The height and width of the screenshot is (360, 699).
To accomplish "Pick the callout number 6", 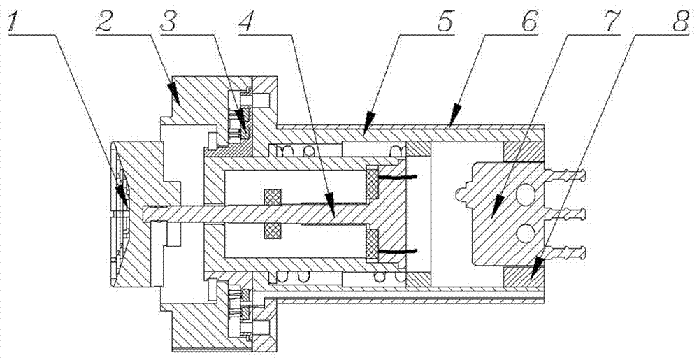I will [x=528, y=23].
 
